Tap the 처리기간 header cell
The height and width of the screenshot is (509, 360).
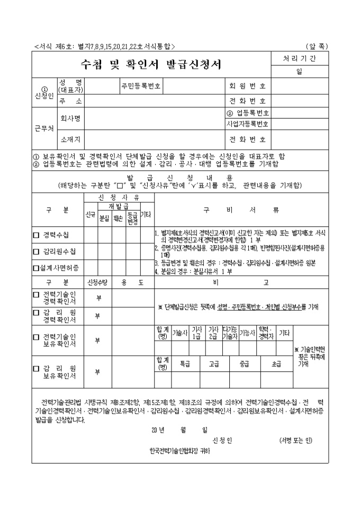(x=299, y=58)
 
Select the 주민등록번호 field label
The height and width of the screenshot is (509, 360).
(x=141, y=85)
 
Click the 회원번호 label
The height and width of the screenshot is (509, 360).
(x=247, y=85)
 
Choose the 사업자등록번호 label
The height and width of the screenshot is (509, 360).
(x=247, y=124)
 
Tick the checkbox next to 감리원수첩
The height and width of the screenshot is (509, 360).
(x=37, y=251)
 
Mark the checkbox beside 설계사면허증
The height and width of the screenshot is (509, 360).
(x=36, y=268)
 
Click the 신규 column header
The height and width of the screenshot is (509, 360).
(x=90, y=216)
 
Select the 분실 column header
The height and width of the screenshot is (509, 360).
(x=104, y=218)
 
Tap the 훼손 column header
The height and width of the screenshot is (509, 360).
(x=118, y=218)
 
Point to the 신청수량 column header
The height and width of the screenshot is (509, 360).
(x=97, y=283)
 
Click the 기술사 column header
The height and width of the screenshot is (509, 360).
(x=180, y=333)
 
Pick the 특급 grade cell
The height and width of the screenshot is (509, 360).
(x=185, y=364)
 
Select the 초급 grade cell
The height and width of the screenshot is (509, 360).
(x=276, y=364)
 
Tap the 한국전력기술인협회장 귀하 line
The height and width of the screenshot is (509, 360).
(x=179, y=451)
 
